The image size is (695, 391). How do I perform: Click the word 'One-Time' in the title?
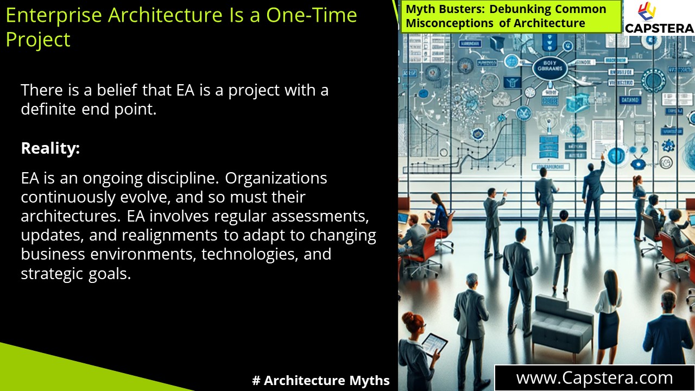click(311, 15)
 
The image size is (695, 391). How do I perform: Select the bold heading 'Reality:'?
click(50, 148)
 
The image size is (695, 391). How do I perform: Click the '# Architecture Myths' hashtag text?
click(321, 381)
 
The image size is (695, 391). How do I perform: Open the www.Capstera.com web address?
click(594, 378)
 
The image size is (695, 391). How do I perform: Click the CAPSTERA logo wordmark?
click(659, 28)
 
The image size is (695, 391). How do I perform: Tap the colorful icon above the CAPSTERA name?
click(646, 11)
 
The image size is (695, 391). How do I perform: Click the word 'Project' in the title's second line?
click(38, 40)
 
